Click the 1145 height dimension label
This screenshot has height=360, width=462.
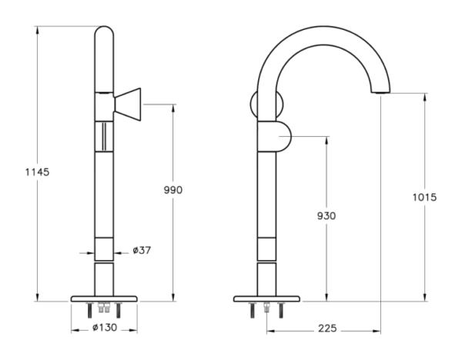pos(37,172)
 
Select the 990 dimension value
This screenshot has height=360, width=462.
pos(173,190)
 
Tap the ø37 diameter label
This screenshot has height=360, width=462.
pos(142,250)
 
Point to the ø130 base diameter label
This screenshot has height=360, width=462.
pos(105,328)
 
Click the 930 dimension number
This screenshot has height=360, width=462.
pos(326,215)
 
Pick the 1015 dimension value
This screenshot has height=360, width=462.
pos(424,197)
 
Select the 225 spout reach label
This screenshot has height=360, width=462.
pos(327,328)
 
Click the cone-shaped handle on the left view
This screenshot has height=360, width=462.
pos(128,104)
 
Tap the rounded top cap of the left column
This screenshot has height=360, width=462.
pos(104,32)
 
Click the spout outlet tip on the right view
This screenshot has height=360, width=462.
pos(380,92)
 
